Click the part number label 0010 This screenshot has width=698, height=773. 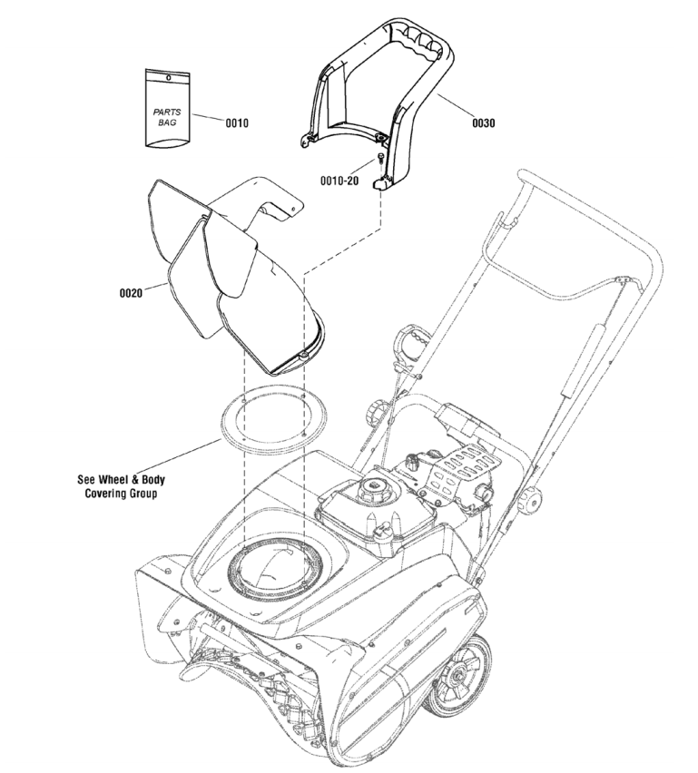pos(237,122)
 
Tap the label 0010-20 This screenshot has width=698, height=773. pos(339,180)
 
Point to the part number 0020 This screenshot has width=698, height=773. pos(133,293)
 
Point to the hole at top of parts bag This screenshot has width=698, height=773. pos(169,77)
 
